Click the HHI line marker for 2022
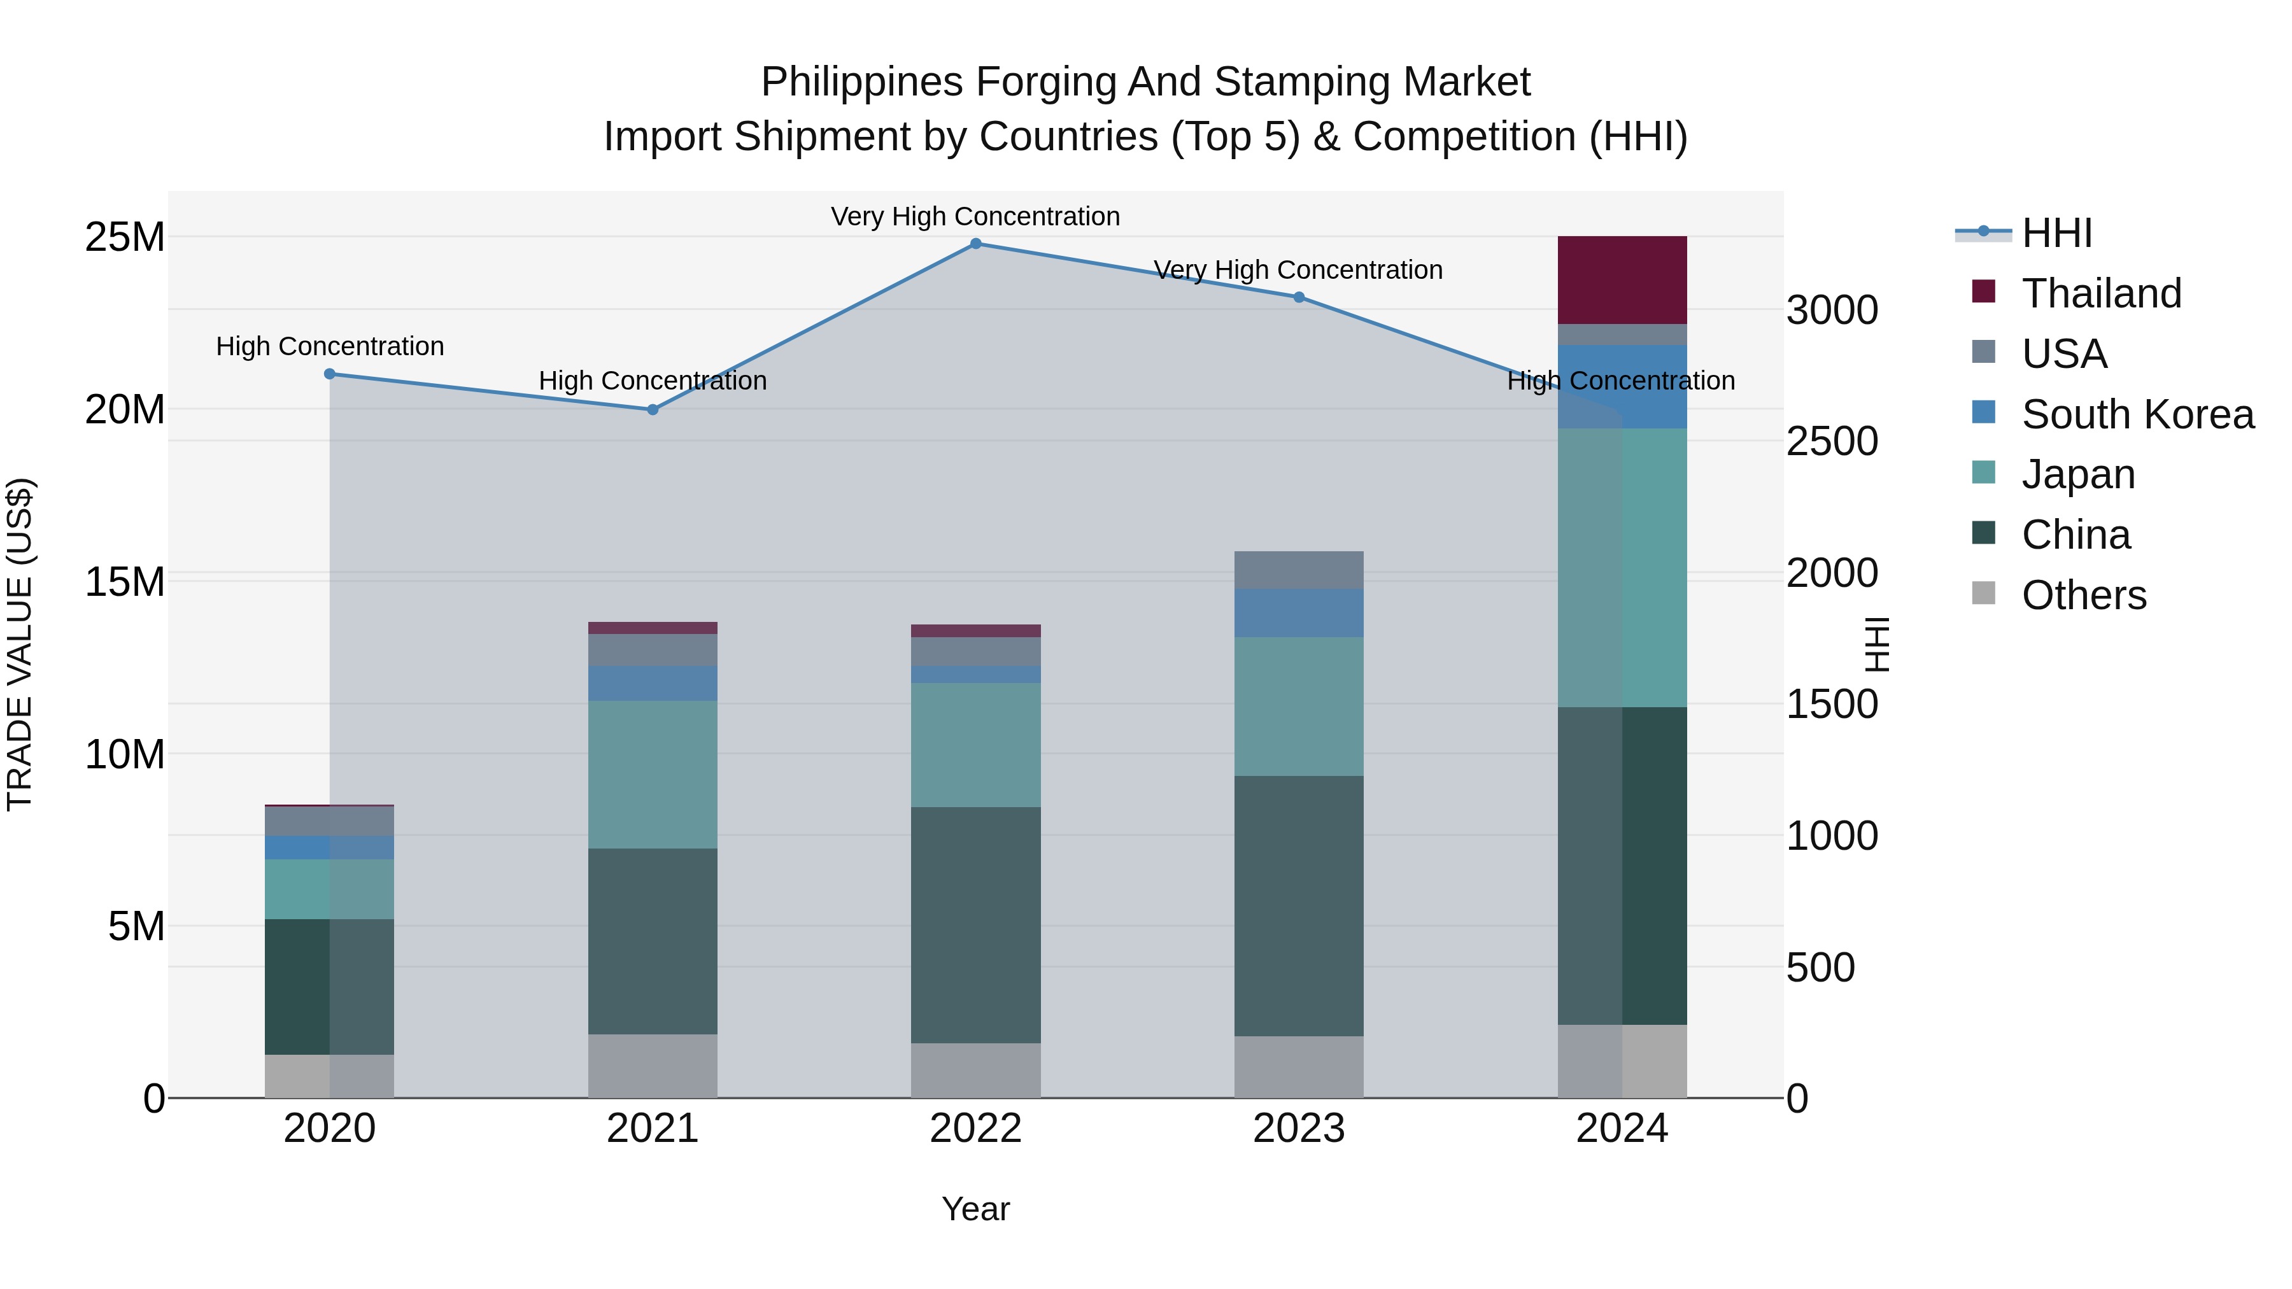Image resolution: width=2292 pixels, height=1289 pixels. [x=975, y=244]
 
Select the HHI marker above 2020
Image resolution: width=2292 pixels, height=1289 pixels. [x=329, y=374]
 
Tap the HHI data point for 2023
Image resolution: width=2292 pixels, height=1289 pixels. [x=1298, y=297]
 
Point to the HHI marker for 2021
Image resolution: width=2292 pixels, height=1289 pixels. [x=652, y=410]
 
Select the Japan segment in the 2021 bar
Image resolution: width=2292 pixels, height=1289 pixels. [x=652, y=774]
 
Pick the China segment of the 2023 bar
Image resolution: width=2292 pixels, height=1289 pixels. [x=1298, y=906]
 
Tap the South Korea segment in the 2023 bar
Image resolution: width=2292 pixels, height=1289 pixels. [x=1298, y=613]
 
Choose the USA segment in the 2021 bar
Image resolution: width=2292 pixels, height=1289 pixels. [x=652, y=651]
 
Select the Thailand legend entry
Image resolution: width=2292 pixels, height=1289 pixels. [x=2101, y=293]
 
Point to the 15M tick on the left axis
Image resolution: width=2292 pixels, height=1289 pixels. [x=125, y=582]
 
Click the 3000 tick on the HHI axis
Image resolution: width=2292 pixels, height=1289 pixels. [x=1832, y=311]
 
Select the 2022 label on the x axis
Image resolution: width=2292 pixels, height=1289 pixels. [x=975, y=1129]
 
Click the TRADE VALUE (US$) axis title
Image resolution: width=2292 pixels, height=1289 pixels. [x=20, y=644]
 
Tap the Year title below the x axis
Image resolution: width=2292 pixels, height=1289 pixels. [x=975, y=1209]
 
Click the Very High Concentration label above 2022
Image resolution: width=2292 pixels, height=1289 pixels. [x=975, y=216]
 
